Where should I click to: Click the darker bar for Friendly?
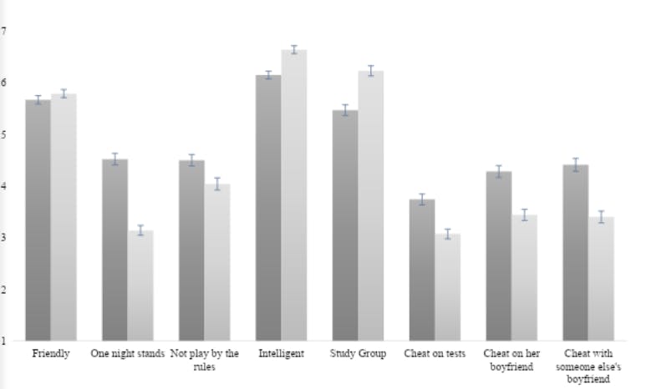[38, 220]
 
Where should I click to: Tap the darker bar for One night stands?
[114, 250]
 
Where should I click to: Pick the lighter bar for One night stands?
[140, 285]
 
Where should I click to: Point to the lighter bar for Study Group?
[370, 205]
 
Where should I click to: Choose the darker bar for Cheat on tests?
[422, 270]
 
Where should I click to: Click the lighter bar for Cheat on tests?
[447, 287]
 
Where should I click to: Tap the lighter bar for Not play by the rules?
[217, 262]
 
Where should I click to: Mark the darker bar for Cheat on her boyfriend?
[498, 255]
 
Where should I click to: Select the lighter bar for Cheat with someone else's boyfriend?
[601, 279]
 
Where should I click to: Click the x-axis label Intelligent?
[281, 354]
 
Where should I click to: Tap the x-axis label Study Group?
[358, 354]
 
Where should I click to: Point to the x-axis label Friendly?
[51, 354]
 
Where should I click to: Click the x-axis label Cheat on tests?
[435, 354]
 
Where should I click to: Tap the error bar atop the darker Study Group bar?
[345, 109]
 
